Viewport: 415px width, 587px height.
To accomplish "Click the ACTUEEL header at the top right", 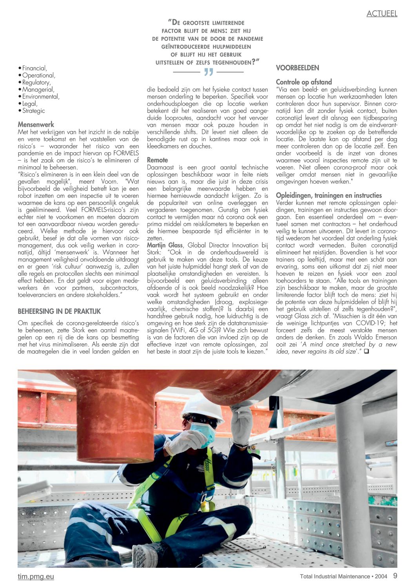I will (x=382, y=14).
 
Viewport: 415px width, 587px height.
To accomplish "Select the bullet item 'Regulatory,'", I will (x=36, y=82).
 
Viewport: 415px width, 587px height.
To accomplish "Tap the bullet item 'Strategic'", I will (x=33, y=111).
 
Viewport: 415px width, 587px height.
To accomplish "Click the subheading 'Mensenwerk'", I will (x=36, y=124).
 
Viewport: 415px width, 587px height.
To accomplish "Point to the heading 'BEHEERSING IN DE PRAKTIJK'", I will (x=59, y=311).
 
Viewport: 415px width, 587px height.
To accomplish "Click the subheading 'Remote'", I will (x=157, y=160).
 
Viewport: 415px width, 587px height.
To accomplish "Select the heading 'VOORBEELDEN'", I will (x=297, y=68).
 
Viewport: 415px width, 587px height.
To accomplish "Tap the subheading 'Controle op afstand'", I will (x=304, y=82).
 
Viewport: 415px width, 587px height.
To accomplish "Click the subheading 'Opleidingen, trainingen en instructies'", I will (x=329, y=195).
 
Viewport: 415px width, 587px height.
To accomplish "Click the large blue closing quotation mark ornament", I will (x=208, y=72).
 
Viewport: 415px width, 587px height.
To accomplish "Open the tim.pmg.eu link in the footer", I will (x=36, y=576).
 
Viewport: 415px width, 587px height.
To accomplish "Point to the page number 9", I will (x=395, y=576).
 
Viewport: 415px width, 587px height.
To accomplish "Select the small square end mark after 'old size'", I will (x=366, y=351).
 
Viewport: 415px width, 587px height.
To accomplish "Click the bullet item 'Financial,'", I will (x=35, y=68).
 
